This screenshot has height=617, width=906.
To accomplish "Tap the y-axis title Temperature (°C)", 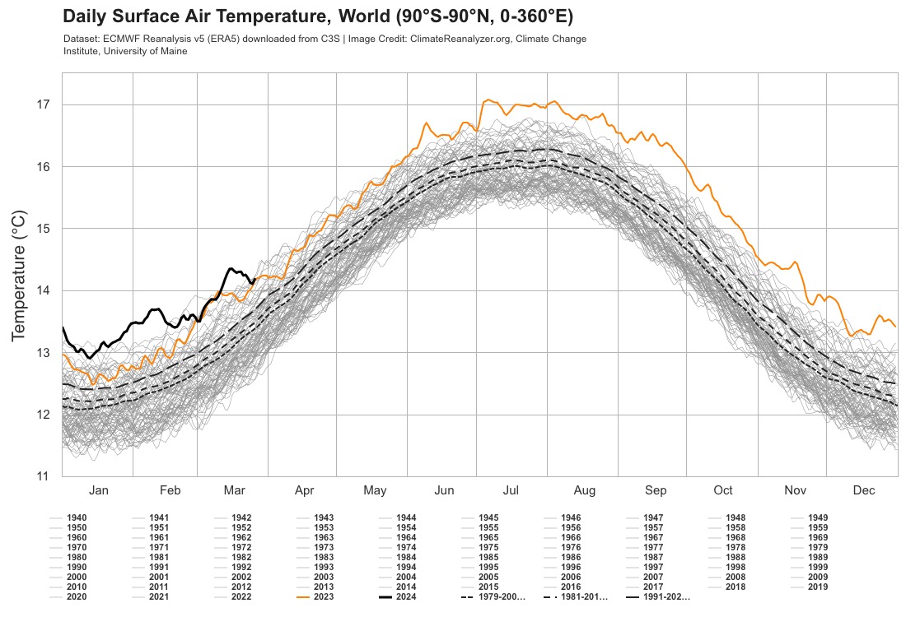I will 20,275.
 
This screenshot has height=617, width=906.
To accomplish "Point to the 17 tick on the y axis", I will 44,104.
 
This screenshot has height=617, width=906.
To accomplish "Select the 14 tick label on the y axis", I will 44,290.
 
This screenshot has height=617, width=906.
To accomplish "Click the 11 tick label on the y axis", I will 44,476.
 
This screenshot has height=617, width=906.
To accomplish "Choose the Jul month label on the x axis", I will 511,490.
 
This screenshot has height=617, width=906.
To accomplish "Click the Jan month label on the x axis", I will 98,490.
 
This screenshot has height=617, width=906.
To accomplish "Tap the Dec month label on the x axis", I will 863,490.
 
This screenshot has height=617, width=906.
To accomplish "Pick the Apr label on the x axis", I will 304,490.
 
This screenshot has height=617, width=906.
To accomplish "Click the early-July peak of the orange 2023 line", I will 488,100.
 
